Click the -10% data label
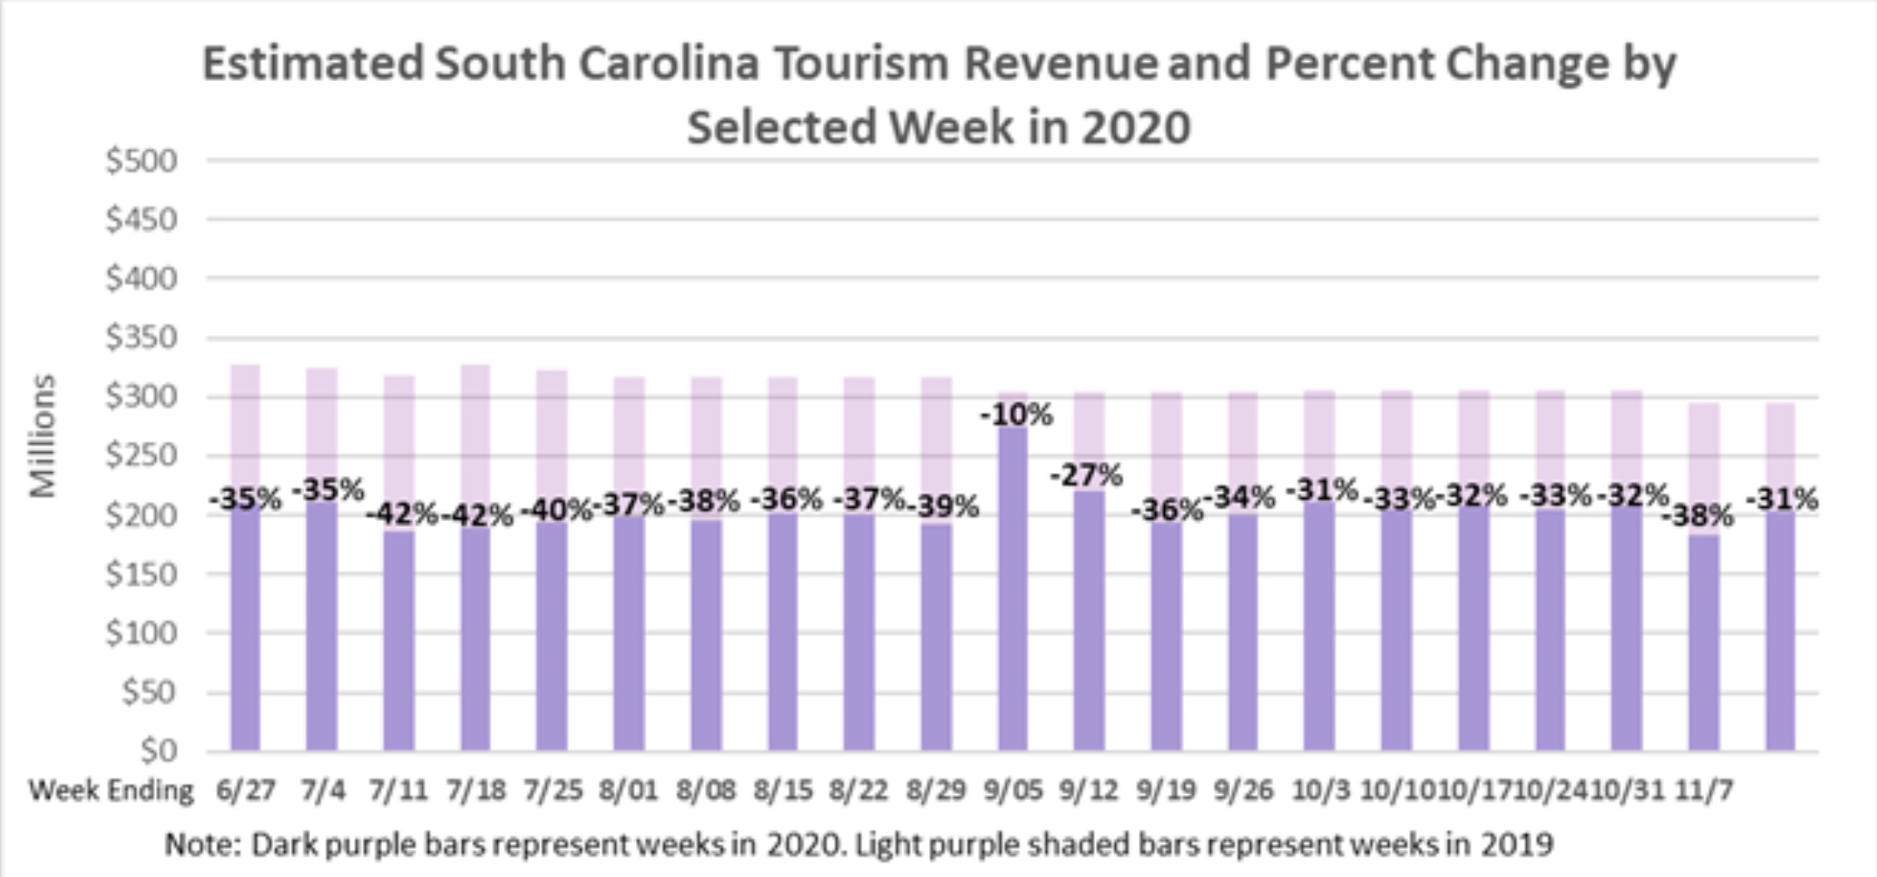click(x=1016, y=415)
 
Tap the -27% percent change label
click(x=1086, y=475)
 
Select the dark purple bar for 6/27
click(x=246, y=626)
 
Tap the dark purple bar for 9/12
click(x=1089, y=618)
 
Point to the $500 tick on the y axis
click(x=141, y=161)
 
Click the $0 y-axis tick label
click(x=158, y=751)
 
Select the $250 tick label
click(x=141, y=456)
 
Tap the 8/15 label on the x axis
click(x=783, y=790)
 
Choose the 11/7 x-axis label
click(x=1704, y=790)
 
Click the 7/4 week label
click(x=323, y=790)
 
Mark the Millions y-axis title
click(x=43, y=436)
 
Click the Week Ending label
click(x=112, y=790)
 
